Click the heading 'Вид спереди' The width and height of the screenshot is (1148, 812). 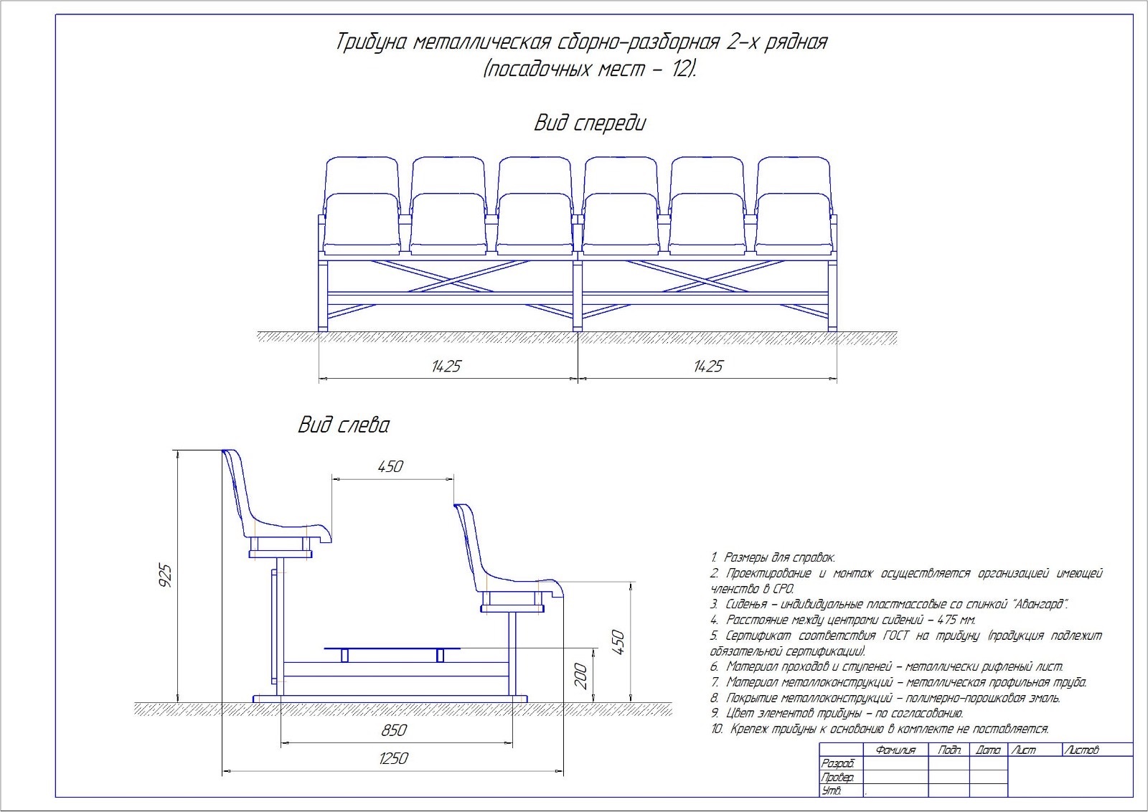pyautogui.click(x=589, y=123)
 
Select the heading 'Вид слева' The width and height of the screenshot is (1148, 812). pyautogui.click(x=344, y=425)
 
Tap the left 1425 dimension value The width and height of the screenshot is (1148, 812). pyautogui.click(x=446, y=367)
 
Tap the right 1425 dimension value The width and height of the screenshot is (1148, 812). pyautogui.click(x=707, y=367)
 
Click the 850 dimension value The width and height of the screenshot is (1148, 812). pyautogui.click(x=394, y=730)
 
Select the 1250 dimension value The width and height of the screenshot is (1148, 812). pyautogui.click(x=392, y=758)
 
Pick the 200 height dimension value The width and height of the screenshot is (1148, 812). pyautogui.click(x=581, y=676)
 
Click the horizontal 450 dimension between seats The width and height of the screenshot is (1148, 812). pyautogui.click(x=390, y=466)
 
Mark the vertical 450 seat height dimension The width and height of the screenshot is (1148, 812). pyautogui.click(x=618, y=642)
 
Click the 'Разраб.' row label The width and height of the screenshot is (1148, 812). pyautogui.click(x=837, y=764)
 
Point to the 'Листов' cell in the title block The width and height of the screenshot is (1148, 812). pyautogui.click(x=1082, y=750)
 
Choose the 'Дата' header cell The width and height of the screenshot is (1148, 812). pyautogui.click(x=988, y=750)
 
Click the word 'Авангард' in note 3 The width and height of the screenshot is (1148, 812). pyautogui.click(x=1040, y=604)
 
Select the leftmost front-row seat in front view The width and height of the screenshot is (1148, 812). pyautogui.click(x=362, y=224)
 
